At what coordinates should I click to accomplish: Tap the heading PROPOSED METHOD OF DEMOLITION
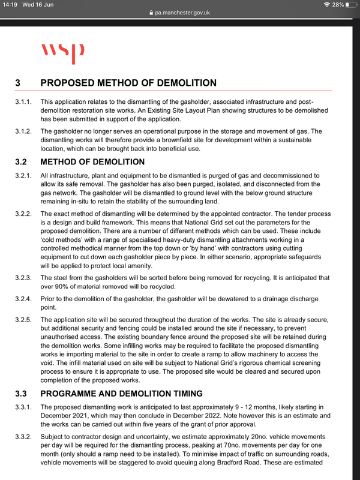click(x=128, y=83)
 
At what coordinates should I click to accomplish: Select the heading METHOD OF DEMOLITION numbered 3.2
click(x=92, y=161)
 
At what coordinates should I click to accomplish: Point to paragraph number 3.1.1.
click(x=25, y=103)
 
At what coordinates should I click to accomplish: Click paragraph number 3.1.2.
click(x=25, y=131)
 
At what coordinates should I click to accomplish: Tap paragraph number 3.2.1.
click(x=25, y=175)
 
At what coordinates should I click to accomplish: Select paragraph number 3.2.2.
click(x=25, y=214)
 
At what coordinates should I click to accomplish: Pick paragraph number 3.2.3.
click(x=25, y=278)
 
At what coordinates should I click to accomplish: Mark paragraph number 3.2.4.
click(x=25, y=298)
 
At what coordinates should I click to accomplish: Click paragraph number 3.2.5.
click(x=25, y=320)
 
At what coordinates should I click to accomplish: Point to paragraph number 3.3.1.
click(x=25, y=408)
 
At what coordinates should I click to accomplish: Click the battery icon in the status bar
click(x=350, y=5)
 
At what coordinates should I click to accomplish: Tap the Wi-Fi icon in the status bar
click(x=326, y=5)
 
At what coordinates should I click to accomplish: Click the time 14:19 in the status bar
click(x=10, y=5)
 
